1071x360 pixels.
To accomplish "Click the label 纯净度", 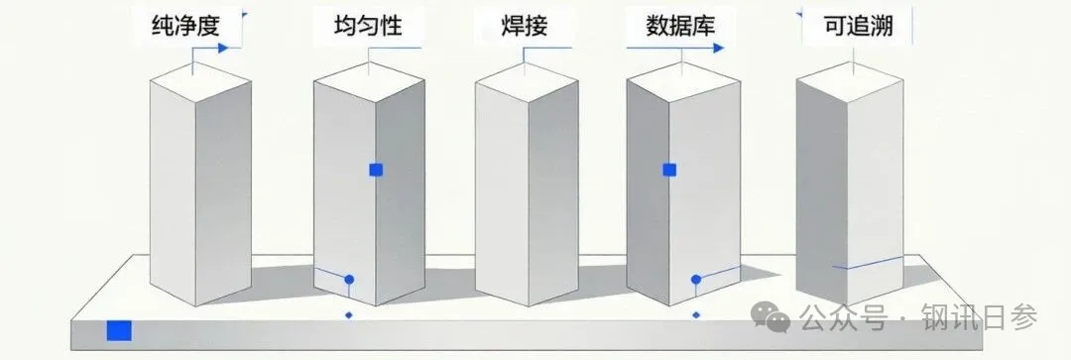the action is coord(185,26).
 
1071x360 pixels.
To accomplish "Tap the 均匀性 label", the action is coord(368,26).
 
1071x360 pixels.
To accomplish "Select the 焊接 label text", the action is coord(524,26).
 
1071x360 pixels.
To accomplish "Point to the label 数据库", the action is coord(680,26).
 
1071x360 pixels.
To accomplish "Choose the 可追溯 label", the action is coord(859,26).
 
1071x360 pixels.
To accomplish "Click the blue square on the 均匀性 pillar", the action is coord(376,171).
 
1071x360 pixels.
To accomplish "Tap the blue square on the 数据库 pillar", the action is coord(669,171).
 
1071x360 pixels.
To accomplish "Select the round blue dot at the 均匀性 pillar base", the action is coord(349,280).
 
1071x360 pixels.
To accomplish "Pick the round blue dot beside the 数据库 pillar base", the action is coord(696,280).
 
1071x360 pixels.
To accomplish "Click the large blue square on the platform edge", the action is coord(119,330).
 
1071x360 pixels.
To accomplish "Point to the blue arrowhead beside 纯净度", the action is coord(222,48).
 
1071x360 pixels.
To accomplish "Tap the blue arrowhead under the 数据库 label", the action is coord(717,48).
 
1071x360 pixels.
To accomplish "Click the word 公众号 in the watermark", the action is coord(844,317).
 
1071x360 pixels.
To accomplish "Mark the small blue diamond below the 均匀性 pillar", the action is coord(349,315).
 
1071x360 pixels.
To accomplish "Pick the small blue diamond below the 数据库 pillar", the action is coord(696,315).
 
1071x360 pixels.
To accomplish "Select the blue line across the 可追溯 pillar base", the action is coord(868,263).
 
